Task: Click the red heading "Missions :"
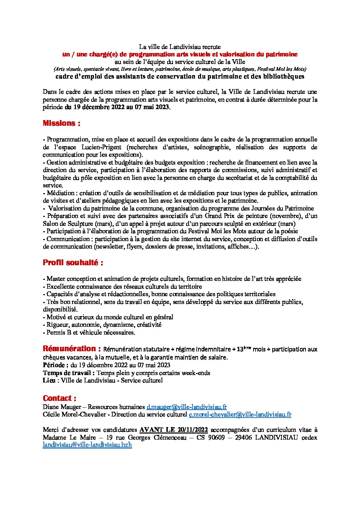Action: [x=61, y=123]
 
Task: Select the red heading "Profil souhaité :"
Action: [x=73, y=263]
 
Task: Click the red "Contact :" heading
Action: [x=60, y=398]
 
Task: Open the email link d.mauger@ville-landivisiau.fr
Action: [x=186, y=407]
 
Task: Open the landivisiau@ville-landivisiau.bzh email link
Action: [x=87, y=445]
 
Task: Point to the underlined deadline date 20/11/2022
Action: [x=192, y=430]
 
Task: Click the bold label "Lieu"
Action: [x=49, y=380]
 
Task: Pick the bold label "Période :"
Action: [x=56, y=365]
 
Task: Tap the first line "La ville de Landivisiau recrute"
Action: [x=180, y=47]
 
